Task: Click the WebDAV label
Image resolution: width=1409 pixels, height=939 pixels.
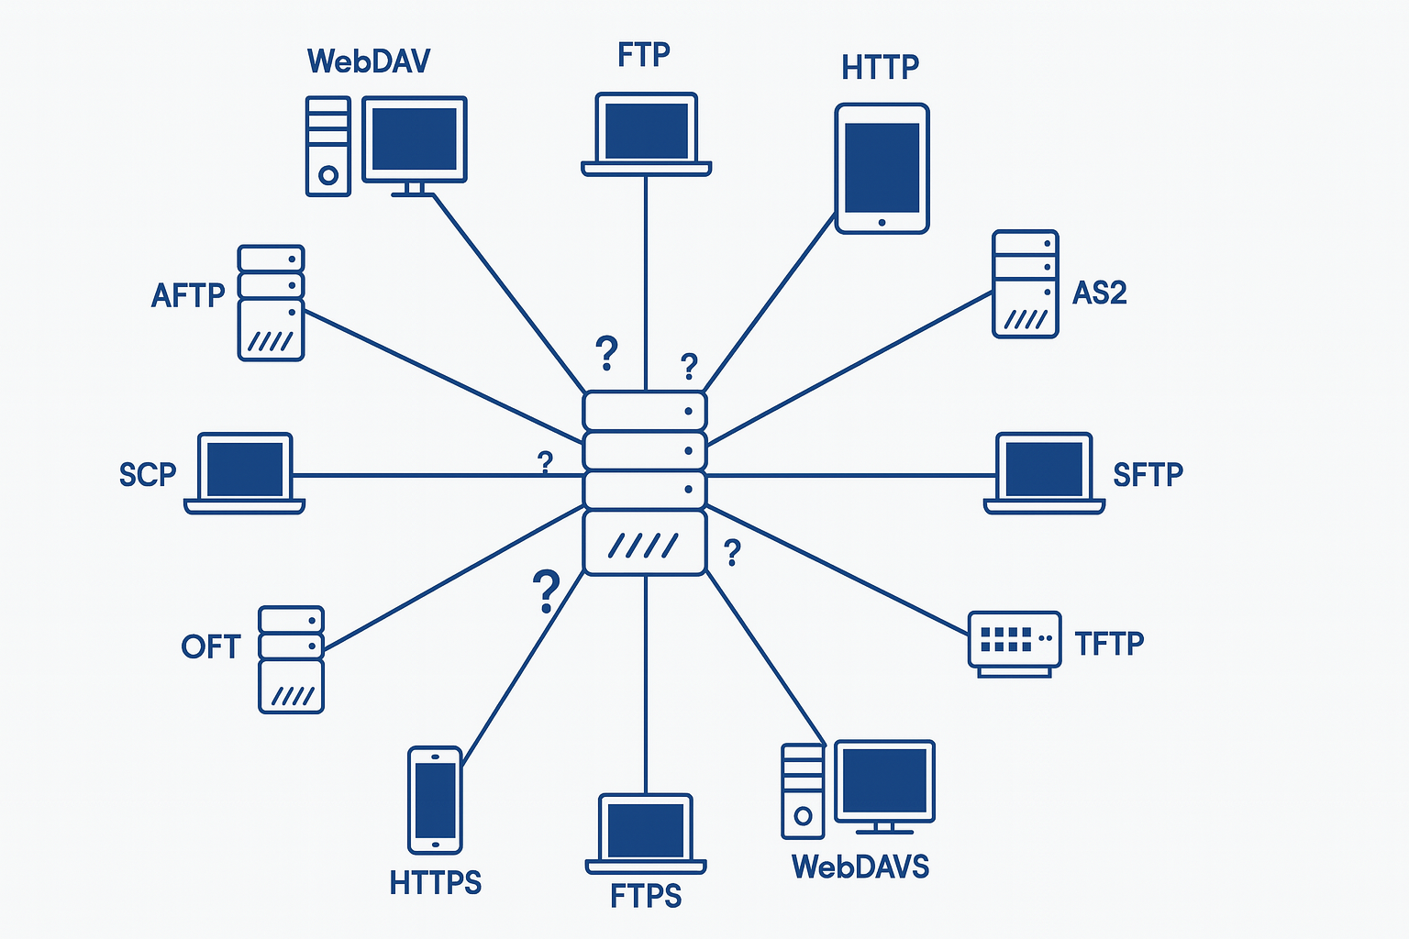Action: click(x=369, y=61)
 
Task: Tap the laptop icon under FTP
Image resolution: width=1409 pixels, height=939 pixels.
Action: click(x=646, y=134)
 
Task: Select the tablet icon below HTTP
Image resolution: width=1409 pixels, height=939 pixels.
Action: click(x=882, y=169)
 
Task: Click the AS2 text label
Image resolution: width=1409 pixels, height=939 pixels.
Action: click(x=1099, y=293)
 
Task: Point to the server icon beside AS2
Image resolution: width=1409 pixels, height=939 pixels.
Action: click(x=1025, y=284)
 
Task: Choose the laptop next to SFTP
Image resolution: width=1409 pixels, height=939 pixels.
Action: click(x=1044, y=472)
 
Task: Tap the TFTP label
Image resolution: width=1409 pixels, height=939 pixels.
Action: click(x=1109, y=644)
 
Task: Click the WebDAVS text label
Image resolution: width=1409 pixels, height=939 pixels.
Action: click(x=860, y=867)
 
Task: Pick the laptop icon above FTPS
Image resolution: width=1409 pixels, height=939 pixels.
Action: click(x=646, y=834)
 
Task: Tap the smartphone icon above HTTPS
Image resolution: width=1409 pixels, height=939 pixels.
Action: click(x=435, y=800)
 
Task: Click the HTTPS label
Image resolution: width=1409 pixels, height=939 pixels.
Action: click(x=435, y=883)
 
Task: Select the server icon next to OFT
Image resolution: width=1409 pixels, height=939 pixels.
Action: click(x=291, y=658)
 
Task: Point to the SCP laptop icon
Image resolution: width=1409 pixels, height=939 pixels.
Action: click(x=244, y=472)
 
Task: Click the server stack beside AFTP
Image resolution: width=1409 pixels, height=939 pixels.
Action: click(x=271, y=303)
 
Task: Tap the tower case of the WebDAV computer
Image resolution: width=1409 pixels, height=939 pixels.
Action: click(x=327, y=146)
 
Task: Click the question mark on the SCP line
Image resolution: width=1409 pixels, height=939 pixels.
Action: click(x=545, y=462)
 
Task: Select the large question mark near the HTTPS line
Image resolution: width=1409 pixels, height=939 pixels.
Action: click(x=546, y=591)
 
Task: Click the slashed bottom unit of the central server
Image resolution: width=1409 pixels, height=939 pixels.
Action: click(x=645, y=544)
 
